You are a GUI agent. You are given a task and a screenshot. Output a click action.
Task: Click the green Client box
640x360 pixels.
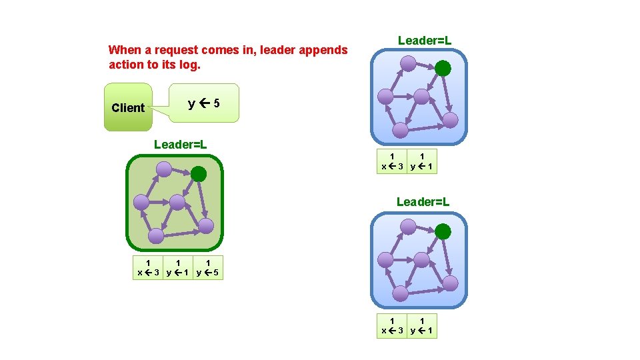[x=128, y=107]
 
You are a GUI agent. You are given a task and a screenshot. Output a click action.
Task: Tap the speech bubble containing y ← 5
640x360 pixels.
[x=204, y=103]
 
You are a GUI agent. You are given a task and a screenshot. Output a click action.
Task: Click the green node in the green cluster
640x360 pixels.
[x=199, y=174]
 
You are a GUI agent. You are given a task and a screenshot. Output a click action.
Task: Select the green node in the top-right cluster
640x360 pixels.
[x=443, y=67]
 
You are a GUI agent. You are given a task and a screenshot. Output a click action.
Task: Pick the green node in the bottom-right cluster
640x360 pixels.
[x=443, y=231]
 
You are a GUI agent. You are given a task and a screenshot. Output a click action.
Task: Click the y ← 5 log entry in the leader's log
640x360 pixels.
[x=208, y=267]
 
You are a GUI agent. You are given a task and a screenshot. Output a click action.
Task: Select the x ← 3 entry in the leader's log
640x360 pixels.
[x=148, y=267]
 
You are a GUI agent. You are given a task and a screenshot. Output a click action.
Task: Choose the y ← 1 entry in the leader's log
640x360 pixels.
[x=178, y=267]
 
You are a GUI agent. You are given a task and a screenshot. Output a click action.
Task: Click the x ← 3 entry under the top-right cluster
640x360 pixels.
[x=392, y=162]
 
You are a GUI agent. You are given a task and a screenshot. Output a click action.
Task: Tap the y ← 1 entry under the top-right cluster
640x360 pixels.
[x=422, y=162]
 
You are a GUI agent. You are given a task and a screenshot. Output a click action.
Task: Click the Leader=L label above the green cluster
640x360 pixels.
[x=180, y=144]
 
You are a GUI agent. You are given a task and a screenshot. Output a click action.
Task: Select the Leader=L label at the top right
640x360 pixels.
[x=425, y=41]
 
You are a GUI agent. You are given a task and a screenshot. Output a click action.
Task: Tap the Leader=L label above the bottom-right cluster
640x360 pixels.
[x=423, y=201]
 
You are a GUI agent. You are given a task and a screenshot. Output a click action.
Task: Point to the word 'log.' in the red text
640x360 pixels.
[x=190, y=65]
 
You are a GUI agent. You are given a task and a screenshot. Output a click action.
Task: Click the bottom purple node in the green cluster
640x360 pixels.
[x=155, y=235]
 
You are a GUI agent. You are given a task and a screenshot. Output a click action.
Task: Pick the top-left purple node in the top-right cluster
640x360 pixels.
[x=408, y=64]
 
